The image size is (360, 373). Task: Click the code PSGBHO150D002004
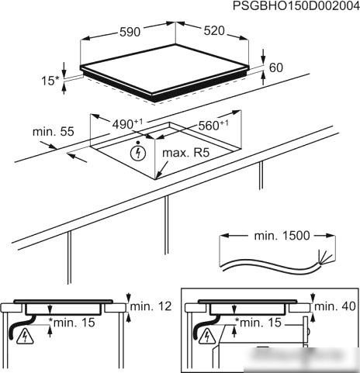click(296, 6)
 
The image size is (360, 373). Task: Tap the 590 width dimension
click(130, 32)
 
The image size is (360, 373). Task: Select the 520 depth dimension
click(214, 31)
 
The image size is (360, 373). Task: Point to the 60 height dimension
click(276, 67)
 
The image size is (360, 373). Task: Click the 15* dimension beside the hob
click(50, 81)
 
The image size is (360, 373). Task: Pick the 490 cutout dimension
click(127, 124)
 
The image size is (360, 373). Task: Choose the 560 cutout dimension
click(213, 125)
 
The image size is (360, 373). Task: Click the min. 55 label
click(54, 132)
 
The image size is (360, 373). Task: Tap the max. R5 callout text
click(185, 153)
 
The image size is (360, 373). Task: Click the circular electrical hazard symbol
click(138, 153)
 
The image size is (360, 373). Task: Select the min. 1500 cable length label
click(282, 236)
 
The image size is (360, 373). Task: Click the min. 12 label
click(151, 306)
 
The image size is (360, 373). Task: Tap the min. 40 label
click(335, 306)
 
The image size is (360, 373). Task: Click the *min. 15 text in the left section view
click(72, 323)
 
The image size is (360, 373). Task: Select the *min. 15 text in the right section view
click(258, 323)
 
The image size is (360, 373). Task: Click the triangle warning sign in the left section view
click(25, 337)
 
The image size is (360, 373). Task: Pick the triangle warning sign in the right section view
click(207, 337)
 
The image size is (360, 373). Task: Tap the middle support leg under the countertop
click(166, 225)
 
